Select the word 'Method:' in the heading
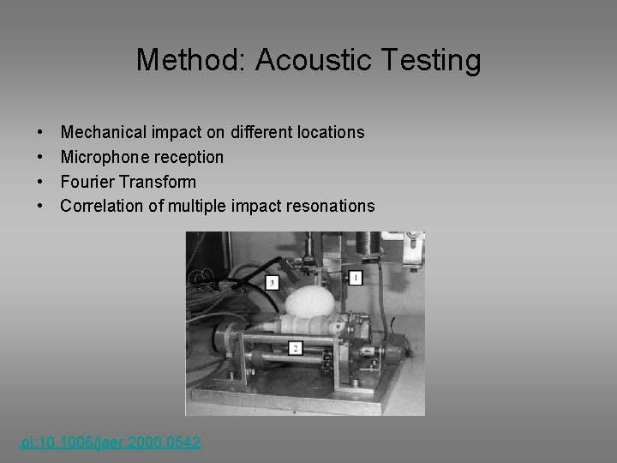click(191, 61)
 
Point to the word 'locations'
click(331, 133)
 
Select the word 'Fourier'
click(87, 182)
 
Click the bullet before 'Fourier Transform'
click(41, 182)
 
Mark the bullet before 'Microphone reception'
click(41, 158)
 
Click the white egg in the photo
click(309, 303)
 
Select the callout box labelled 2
click(295, 348)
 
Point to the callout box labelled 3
click(272, 282)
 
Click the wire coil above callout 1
click(369, 244)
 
